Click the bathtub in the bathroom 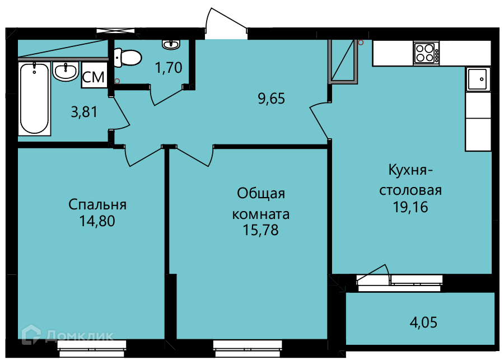click(x=35, y=99)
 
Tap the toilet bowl click(x=128, y=58)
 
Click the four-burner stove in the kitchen click(x=426, y=53)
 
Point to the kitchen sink click(x=478, y=79)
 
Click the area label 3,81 click(x=84, y=112)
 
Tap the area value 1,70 click(x=169, y=68)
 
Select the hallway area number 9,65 click(x=272, y=99)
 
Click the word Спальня click(x=97, y=204)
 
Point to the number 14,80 click(x=97, y=222)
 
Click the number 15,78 click(x=260, y=230)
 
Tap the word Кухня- click(x=410, y=170)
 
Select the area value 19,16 click(x=410, y=207)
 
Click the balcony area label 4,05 click(x=423, y=322)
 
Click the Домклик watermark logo click(x=68, y=335)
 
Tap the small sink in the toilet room click(x=171, y=44)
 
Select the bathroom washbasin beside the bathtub click(x=66, y=71)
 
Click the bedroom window click(x=92, y=345)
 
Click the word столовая click(x=410, y=190)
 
